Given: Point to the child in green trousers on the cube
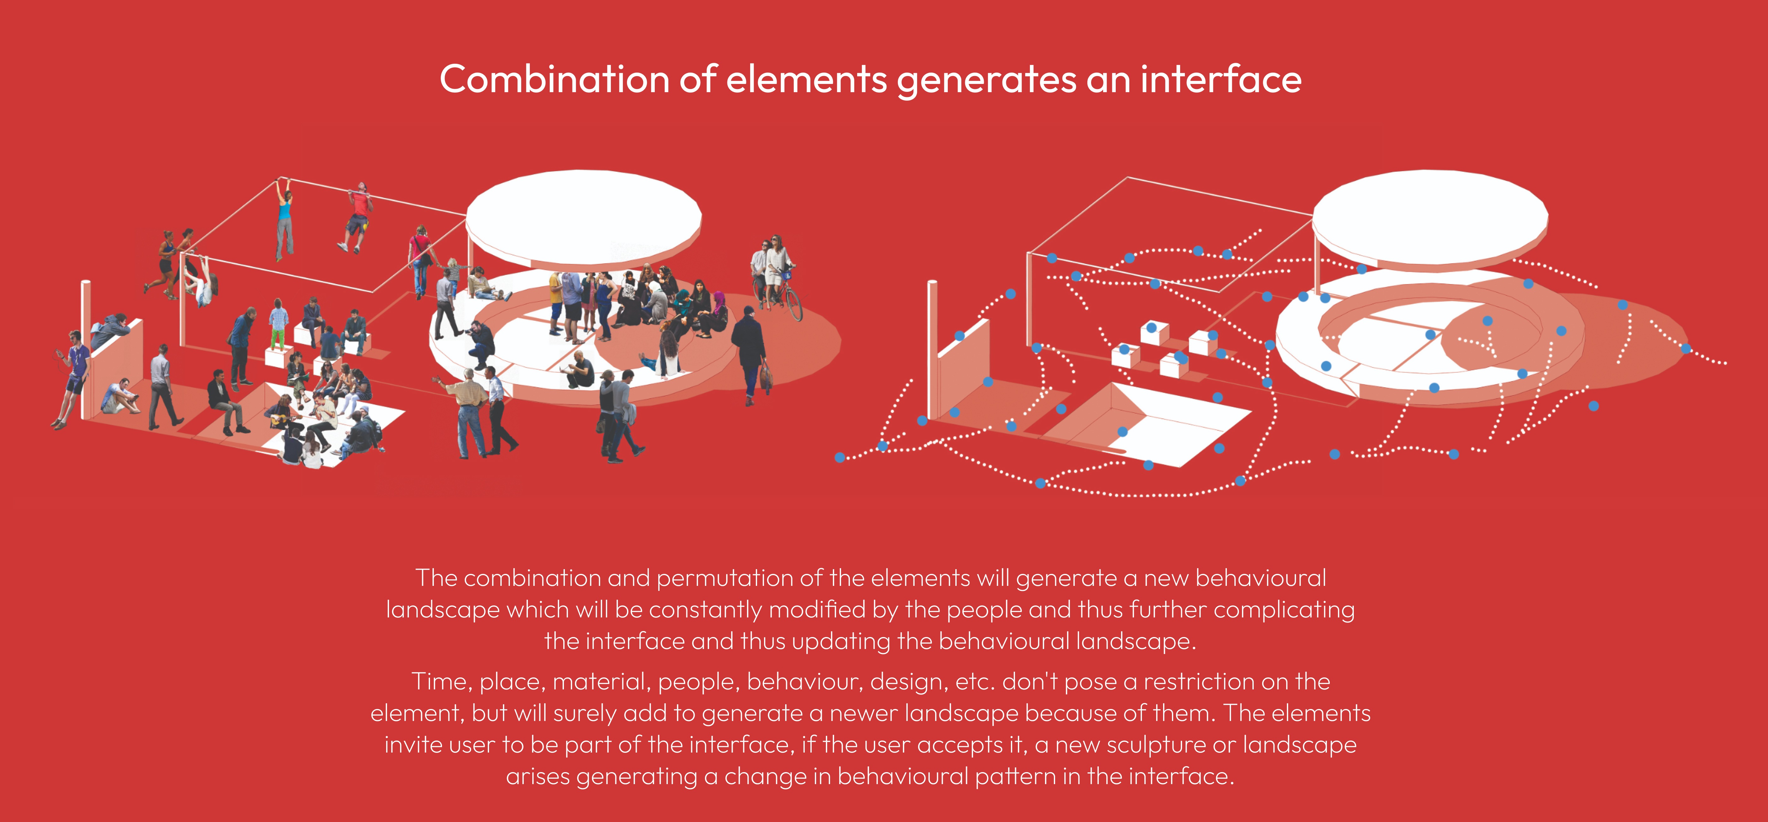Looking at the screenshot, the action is [278, 324].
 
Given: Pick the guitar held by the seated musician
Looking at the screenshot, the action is [279, 419].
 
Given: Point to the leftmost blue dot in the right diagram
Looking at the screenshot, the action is [840, 457].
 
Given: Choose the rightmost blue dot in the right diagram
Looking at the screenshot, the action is [1686, 348].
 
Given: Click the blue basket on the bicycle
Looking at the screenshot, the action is [786, 276].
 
